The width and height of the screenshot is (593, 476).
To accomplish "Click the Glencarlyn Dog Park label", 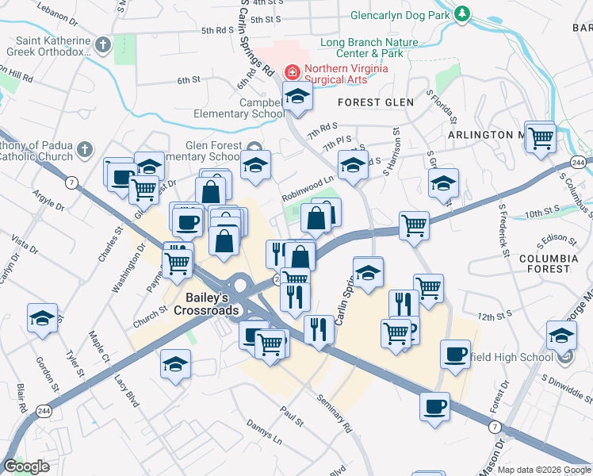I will (x=401, y=15).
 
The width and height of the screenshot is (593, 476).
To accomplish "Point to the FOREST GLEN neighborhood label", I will (x=365, y=102).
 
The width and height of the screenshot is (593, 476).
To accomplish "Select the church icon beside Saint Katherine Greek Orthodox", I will (x=102, y=44).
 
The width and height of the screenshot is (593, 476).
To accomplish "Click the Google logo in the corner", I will (x=26, y=466).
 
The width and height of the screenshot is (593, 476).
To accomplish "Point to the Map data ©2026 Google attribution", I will (x=543, y=470).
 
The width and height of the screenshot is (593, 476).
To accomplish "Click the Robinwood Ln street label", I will (x=307, y=193).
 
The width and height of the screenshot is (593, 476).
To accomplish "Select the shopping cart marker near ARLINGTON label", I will (x=541, y=137).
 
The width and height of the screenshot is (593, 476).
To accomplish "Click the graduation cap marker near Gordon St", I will (x=42, y=318).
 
